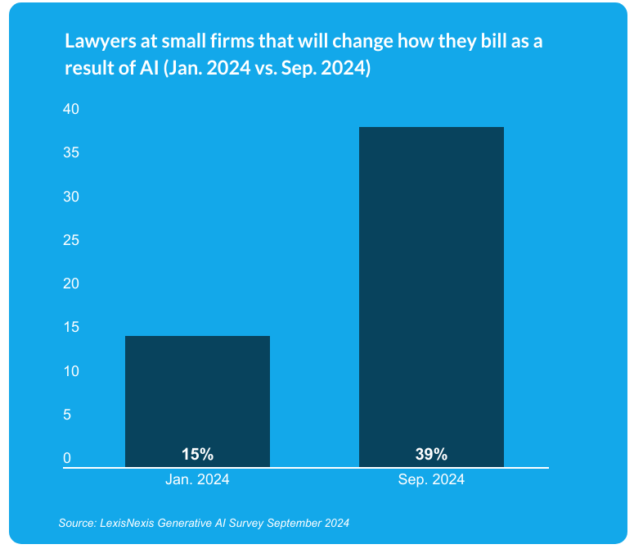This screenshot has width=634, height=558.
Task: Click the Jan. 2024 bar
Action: (197, 401)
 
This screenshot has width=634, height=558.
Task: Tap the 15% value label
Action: (197, 454)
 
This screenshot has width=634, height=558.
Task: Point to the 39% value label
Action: (431, 454)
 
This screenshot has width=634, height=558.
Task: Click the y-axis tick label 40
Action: (71, 110)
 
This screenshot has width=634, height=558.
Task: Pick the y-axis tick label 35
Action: (71, 153)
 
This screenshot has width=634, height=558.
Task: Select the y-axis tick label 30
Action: (71, 197)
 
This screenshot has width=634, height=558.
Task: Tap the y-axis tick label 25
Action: (71, 241)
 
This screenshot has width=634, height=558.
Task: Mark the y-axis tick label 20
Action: (71, 284)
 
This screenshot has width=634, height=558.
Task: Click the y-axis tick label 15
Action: (71, 328)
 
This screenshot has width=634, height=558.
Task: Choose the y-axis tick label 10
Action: (71, 372)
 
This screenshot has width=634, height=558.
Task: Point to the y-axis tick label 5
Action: (68, 415)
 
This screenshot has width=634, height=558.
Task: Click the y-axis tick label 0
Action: (68, 459)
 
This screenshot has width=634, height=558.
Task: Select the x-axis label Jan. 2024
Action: (197, 480)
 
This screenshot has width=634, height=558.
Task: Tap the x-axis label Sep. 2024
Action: (431, 480)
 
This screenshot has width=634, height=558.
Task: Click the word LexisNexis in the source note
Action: (124, 523)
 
